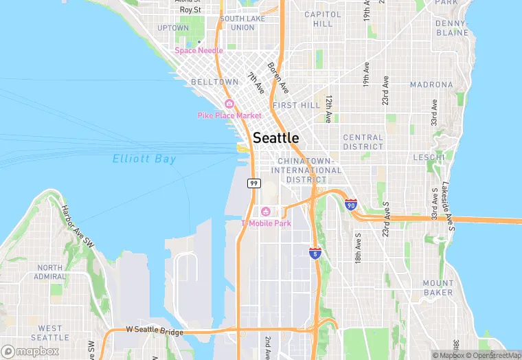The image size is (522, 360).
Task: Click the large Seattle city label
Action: pos(276,137)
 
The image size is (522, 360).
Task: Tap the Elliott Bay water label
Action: pos(144,159)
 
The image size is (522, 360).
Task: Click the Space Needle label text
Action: pos(199,50)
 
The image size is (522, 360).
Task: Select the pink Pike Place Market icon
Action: pos(229,104)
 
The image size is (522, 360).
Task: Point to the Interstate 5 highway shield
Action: pos(315,254)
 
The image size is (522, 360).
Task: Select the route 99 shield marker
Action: pos(253,183)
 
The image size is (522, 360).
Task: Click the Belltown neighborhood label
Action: pos(214,82)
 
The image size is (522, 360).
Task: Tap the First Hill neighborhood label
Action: pos(296,105)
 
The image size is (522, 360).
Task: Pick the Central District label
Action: pos(363,142)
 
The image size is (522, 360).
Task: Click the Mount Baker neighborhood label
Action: pos(438,287)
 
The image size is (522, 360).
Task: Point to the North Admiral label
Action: pos(50,273)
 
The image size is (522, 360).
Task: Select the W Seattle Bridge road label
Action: pos(155,332)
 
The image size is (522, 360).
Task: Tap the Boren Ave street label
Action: pos(276,78)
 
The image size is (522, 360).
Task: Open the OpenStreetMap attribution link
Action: pos(492,355)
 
